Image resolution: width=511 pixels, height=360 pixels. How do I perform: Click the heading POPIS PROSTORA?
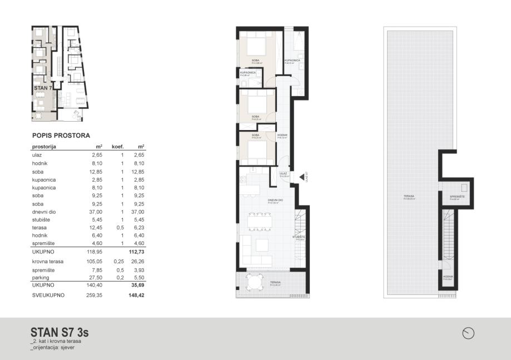[x=61, y=135]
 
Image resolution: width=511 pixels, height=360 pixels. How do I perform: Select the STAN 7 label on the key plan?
[x=43, y=88]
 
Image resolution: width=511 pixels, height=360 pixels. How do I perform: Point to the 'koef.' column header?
[x=117, y=147]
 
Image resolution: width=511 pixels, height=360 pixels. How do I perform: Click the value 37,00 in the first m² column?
[x=97, y=212]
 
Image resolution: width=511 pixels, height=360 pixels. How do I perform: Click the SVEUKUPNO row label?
[x=48, y=295]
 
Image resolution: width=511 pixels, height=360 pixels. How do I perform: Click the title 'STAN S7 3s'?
[x=59, y=332]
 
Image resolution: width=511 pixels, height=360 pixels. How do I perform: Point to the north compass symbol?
[x=469, y=333]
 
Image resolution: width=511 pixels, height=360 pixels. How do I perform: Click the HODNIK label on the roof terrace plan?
[x=448, y=276]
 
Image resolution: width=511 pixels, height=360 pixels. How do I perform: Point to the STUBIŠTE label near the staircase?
[x=299, y=237]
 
